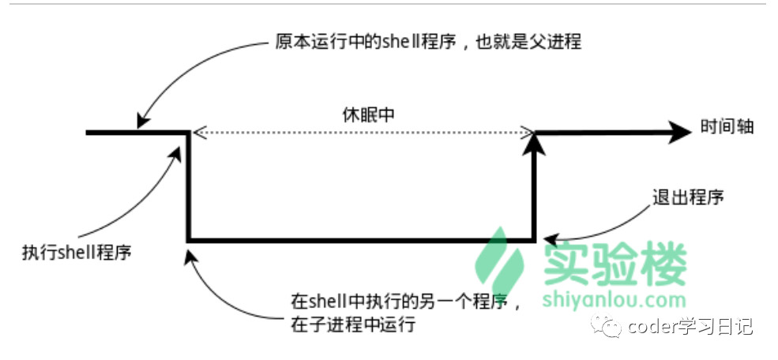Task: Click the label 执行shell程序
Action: click(77, 253)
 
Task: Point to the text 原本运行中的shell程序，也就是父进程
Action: click(428, 42)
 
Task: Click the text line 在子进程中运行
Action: click(352, 324)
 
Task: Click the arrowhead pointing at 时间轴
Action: click(679, 132)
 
